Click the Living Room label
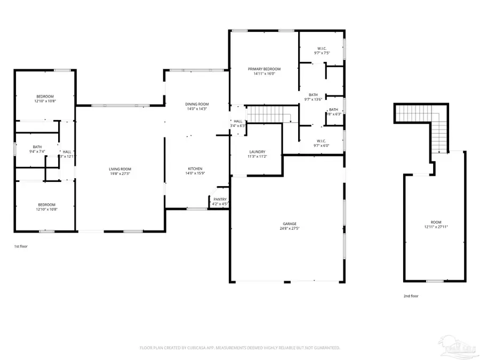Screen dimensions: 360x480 point(120,169)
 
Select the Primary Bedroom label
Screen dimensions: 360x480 point(264,69)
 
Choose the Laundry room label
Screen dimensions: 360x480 point(257,151)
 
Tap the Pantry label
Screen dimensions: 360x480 point(220,199)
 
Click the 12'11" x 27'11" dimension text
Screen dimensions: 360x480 point(436,227)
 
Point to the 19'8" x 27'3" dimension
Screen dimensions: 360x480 point(120,174)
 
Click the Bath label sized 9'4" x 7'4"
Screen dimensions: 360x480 point(37,147)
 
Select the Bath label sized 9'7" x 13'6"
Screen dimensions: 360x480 point(313,95)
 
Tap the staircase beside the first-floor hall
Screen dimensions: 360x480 point(267,114)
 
